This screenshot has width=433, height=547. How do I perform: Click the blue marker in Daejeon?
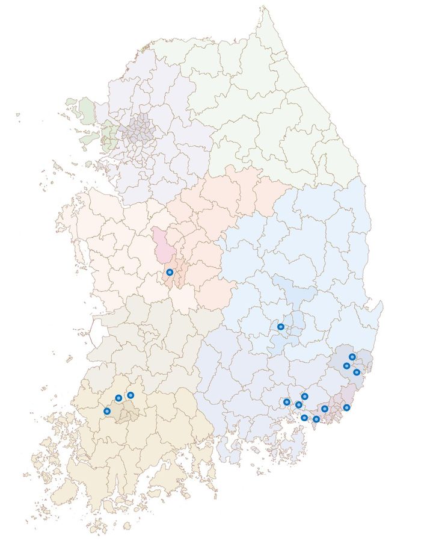170,273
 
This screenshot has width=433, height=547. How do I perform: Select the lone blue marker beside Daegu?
281,327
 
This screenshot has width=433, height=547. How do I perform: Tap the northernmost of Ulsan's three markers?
352,357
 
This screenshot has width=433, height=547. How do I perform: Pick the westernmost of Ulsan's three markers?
346,365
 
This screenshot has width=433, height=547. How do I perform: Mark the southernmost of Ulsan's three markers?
357,372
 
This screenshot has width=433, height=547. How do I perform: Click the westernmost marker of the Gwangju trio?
107,411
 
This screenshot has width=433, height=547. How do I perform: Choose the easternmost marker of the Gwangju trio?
131,395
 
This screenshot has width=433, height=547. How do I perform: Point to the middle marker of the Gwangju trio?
118,398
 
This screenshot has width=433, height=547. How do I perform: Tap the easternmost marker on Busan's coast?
347,407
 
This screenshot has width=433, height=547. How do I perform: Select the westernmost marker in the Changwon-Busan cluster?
287,401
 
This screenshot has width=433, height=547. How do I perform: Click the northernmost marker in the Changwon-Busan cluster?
305,396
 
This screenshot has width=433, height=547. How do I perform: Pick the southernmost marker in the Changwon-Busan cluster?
316,419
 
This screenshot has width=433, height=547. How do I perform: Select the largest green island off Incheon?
87,110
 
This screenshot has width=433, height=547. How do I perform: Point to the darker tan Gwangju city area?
127,413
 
